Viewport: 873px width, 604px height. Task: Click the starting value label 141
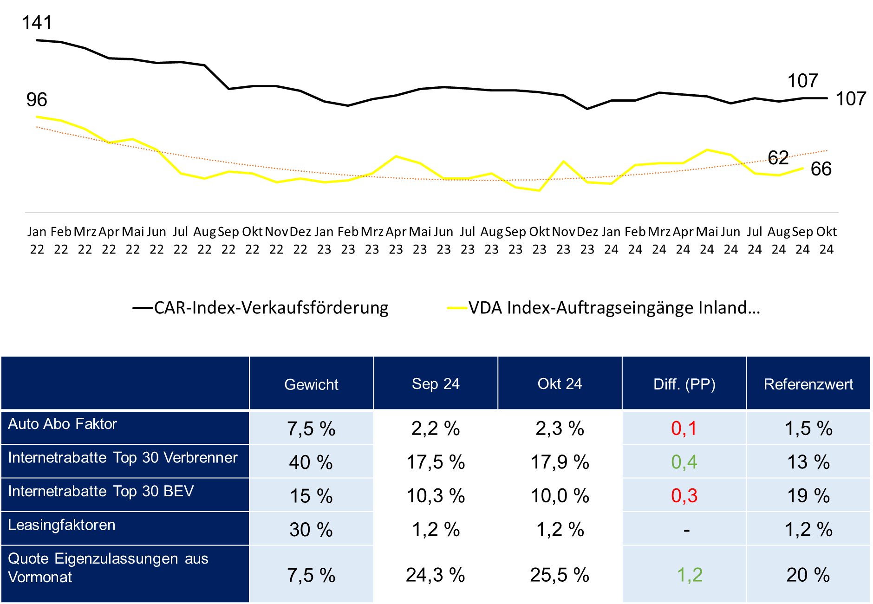37,23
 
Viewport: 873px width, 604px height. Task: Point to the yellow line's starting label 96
37,100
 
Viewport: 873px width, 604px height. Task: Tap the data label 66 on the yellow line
821,169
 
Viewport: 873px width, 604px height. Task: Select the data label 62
778,158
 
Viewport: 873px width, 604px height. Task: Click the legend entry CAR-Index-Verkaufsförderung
271,308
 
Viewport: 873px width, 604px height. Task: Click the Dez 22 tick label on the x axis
300,240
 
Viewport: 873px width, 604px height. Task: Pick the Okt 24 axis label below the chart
826,240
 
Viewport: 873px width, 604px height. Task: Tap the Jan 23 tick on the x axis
324,240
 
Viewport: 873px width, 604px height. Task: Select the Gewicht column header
311,384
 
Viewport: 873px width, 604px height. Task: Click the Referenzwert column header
808,384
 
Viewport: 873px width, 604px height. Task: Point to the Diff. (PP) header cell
684,384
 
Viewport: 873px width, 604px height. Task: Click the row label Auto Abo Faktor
62,424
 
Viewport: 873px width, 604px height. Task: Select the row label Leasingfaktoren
62,525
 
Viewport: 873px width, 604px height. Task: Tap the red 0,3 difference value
684,496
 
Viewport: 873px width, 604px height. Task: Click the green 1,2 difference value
689,575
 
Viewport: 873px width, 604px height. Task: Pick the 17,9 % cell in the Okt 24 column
560,462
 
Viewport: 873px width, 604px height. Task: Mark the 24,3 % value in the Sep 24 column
435,575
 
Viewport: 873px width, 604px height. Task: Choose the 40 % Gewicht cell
311,462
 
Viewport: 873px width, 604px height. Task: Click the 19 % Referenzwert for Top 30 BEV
808,496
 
